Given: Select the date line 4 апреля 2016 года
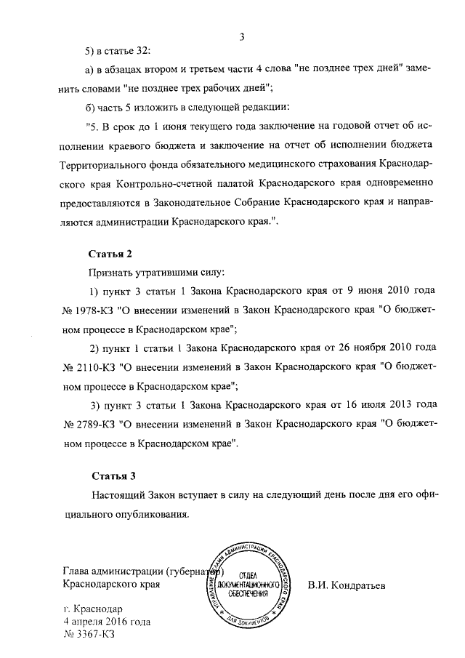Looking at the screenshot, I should coord(107,622).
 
